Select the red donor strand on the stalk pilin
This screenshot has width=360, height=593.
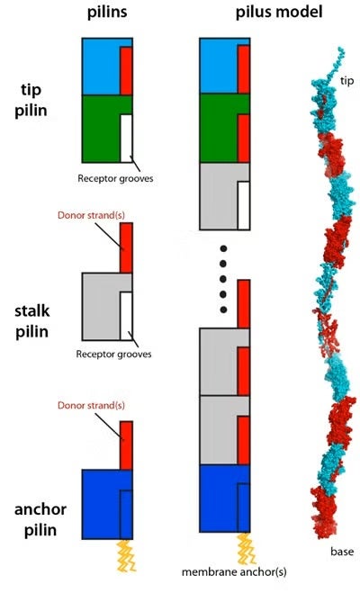click(126, 247)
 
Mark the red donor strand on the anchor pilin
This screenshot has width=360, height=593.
click(126, 445)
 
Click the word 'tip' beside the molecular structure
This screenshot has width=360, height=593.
click(346, 81)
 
